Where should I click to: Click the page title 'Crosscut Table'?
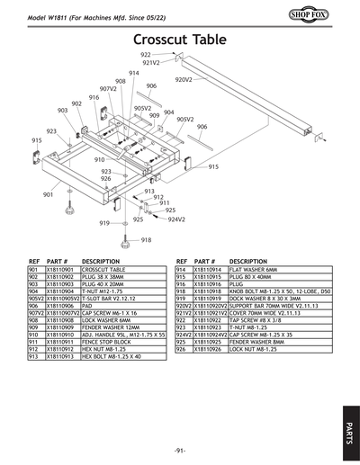pyautogui.click(x=180, y=40)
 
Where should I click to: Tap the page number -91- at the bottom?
pyautogui.click(x=180, y=449)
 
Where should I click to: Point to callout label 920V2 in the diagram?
pyautogui.click(x=184, y=80)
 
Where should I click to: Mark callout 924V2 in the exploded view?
pyautogui.click(x=176, y=219)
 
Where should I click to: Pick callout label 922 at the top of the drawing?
pyautogui.click(x=146, y=55)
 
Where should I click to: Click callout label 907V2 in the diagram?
pyautogui.click(x=108, y=89)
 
